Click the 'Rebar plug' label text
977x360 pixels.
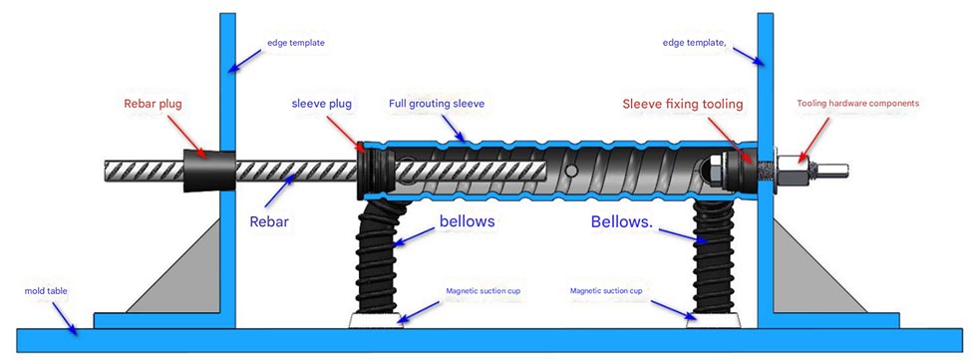(153, 103)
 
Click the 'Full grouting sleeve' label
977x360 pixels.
(438, 103)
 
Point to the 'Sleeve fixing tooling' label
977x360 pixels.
(683, 103)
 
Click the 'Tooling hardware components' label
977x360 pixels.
(857, 103)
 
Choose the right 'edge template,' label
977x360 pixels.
(696, 43)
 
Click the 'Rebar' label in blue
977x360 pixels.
(271, 221)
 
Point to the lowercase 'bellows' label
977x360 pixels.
(467, 220)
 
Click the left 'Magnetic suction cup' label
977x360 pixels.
(483, 291)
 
